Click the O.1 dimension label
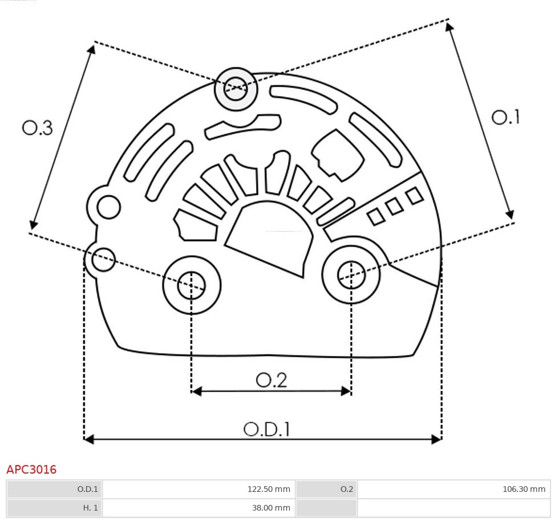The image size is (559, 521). (x=505, y=117)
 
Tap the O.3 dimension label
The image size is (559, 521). (x=38, y=127)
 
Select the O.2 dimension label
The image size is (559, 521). (x=271, y=380)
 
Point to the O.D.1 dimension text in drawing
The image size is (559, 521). (x=266, y=429)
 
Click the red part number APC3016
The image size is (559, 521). (x=31, y=470)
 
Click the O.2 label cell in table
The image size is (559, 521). (x=326, y=489)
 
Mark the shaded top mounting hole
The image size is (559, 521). (x=236, y=88)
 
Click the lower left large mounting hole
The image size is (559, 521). (x=192, y=285)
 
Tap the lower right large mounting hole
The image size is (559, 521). (x=351, y=276)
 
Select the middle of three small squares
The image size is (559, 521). (x=394, y=206)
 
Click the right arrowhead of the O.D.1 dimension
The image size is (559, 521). (x=437, y=439)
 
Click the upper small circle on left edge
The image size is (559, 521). (x=108, y=207)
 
